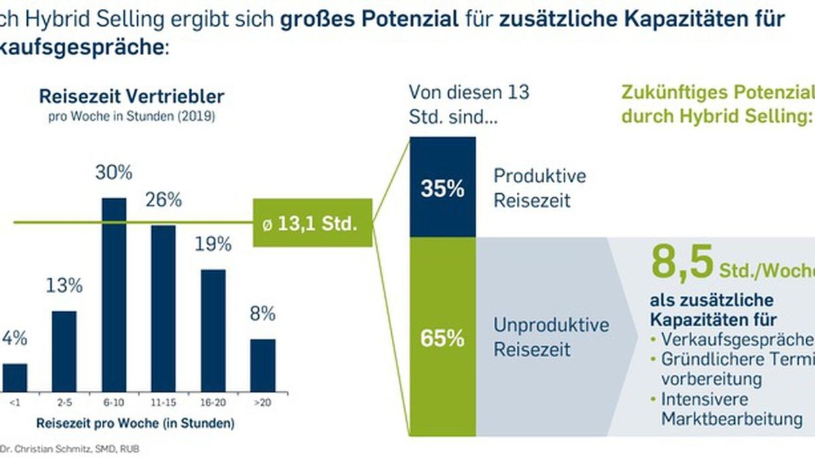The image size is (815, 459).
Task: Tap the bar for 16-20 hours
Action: point(213,330)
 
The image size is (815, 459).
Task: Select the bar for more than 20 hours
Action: point(263,365)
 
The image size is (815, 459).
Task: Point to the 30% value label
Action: point(113,173)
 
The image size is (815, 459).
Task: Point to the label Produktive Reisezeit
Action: point(539,188)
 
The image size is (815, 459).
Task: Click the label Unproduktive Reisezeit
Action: point(551,337)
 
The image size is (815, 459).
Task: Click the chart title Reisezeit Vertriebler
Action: point(131,96)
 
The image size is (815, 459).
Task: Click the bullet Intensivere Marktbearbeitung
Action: point(727,408)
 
